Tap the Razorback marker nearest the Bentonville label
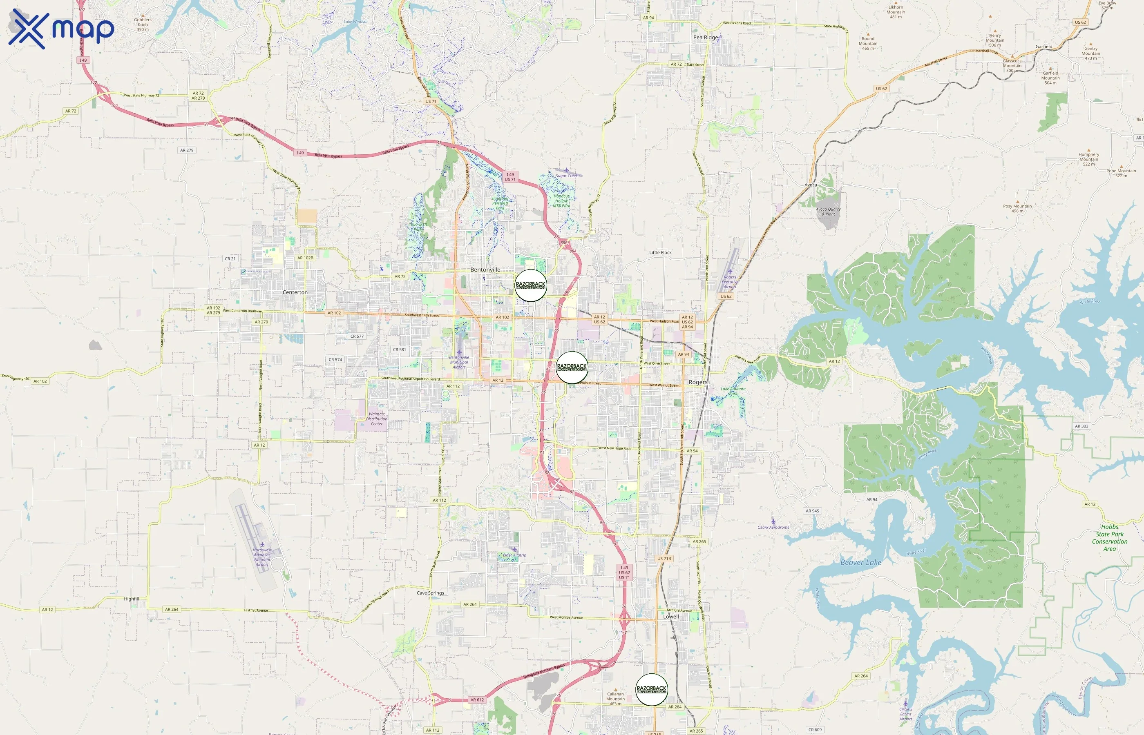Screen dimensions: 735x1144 (x=530, y=285)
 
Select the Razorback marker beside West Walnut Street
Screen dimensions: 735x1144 (x=572, y=367)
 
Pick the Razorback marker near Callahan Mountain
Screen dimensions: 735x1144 (x=651, y=690)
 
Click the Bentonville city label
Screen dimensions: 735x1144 (x=485, y=269)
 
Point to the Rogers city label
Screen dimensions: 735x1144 (x=697, y=382)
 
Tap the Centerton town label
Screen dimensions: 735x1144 (x=295, y=292)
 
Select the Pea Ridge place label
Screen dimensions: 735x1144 (x=705, y=37)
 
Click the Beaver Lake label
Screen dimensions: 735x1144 (x=860, y=562)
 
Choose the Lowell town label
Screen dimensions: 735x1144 (x=671, y=617)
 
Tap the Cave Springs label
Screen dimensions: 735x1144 (x=430, y=593)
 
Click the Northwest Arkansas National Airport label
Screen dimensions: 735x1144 (x=262, y=557)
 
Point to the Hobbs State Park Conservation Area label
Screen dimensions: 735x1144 (x=1109, y=538)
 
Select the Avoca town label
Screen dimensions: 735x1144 (x=810, y=185)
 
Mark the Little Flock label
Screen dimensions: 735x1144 (x=660, y=252)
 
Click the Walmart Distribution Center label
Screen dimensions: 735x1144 (x=376, y=419)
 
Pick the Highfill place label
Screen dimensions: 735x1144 (x=131, y=599)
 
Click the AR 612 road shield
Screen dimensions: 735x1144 (x=477, y=700)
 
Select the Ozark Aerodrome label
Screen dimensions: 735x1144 (x=773, y=528)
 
